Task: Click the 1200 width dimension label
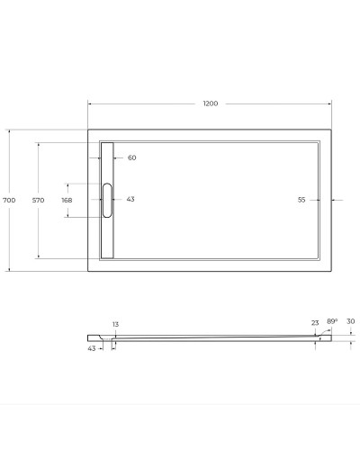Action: click(x=211, y=103)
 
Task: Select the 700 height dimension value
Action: click(x=10, y=200)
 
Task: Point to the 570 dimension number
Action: click(x=39, y=200)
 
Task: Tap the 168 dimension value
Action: click(x=67, y=200)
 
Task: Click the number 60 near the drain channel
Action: click(x=131, y=157)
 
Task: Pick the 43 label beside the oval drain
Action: click(x=130, y=200)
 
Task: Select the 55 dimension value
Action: click(x=301, y=200)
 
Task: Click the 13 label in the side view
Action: click(x=115, y=324)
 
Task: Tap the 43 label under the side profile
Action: click(x=93, y=348)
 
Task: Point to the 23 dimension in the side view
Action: click(x=315, y=322)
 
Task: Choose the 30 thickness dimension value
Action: click(x=350, y=321)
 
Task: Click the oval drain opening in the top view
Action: click(x=108, y=200)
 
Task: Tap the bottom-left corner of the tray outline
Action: click(x=88, y=270)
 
